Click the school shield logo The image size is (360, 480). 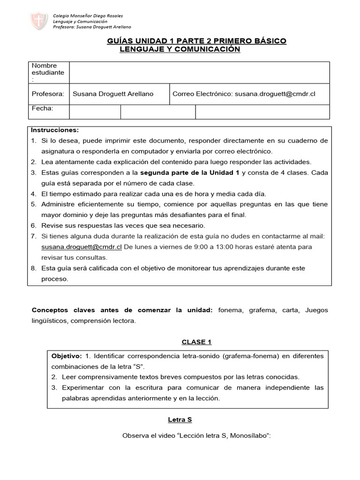[x=39, y=21]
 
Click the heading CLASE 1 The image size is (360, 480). [x=196, y=342]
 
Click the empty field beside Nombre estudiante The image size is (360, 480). [x=199, y=73]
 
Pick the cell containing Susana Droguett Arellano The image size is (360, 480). [x=113, y=94]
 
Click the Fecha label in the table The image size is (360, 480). [x=42, y=109]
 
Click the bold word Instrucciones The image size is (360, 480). [x=55, y=130]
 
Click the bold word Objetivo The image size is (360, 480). [x=67, y=356]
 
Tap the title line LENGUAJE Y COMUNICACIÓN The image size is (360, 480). [x=180, y=49]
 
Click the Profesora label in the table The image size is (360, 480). [x=48, y=94]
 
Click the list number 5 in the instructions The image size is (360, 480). [x=33, y=204]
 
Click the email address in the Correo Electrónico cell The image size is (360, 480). [x=275, y=94]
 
